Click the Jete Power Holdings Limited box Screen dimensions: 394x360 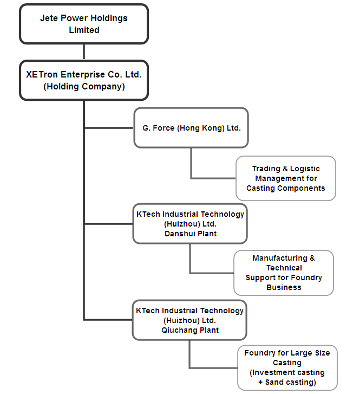pyautogui.click(x=84, y=24)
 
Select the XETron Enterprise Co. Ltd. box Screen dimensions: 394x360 pyautogui.click(x=84, y=80)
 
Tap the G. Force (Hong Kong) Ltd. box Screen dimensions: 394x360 pyautogui.click(x=191, y=128)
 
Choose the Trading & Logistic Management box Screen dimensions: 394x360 pyautogui.click(x=286, y=178)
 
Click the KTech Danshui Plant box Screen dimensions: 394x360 pyautogui.click(x=190, y=223)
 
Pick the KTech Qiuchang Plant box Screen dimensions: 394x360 pyautogui.click(x=190, y=320)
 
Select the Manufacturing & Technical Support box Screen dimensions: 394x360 pyautogui.click(x=284, y=273)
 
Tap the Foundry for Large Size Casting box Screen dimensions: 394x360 pyautogui.click(x=287, y=367)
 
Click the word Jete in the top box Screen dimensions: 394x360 pyautogui.click(x=50, y=18)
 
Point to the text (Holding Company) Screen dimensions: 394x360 pyautogui.click(x=84, y=86)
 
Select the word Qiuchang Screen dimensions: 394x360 pyautogui.click(x=176, y=330)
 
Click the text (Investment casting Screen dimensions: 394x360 pyautogui.click(x=287, y=372)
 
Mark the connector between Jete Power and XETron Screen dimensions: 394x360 pyautogui.click(x=84, y=52)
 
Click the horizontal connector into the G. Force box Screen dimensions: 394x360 pyautogui.click(x=109, y=128)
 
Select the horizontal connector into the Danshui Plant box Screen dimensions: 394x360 pyautogui.click(x=109, y=223)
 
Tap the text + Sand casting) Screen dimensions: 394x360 pyautogui.click(x=287, y=382)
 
